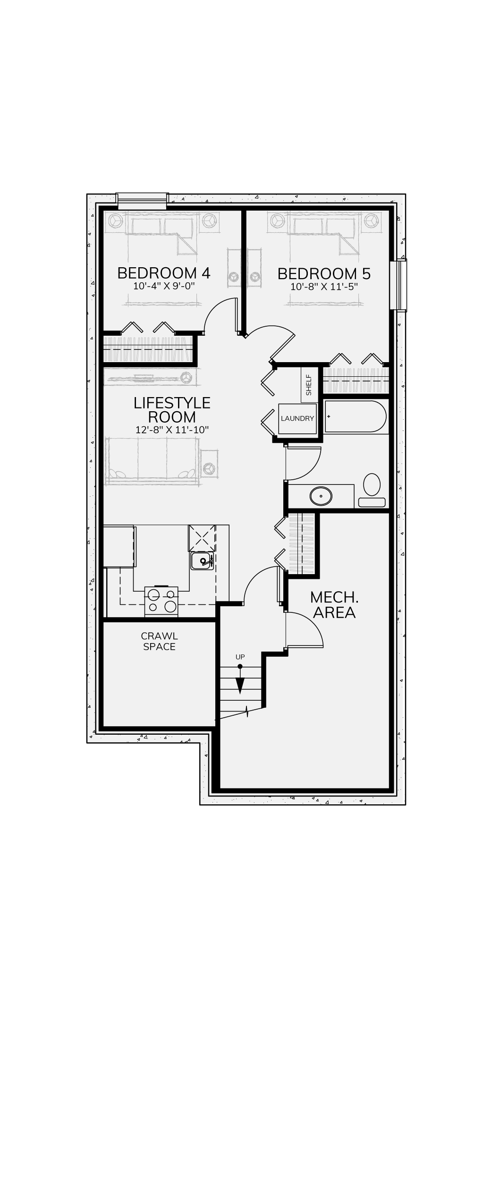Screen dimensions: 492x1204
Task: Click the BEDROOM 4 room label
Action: (164, 273)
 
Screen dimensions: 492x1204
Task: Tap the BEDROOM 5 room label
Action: (324, 274)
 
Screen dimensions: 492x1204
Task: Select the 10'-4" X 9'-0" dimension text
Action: (164, 286)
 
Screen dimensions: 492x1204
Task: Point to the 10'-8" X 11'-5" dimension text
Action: (324, 287)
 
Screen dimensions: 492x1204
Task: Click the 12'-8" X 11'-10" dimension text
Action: (172, 430)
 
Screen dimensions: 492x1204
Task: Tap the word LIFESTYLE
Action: (172, 403)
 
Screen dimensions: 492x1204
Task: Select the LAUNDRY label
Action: (297, 418)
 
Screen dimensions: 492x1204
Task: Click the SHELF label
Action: (309, 385)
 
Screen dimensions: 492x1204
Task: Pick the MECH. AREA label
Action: (334, 605)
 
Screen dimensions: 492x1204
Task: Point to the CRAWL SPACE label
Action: (160, 642)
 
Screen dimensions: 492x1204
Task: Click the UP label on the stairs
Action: (240, 657)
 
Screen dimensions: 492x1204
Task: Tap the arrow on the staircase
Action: (240, 679)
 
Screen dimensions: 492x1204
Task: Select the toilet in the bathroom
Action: (372, 491)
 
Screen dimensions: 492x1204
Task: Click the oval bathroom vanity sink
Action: (321, 496)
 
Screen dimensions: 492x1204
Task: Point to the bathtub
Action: (355, 416)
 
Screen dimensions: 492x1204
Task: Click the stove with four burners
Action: (161, 601)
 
